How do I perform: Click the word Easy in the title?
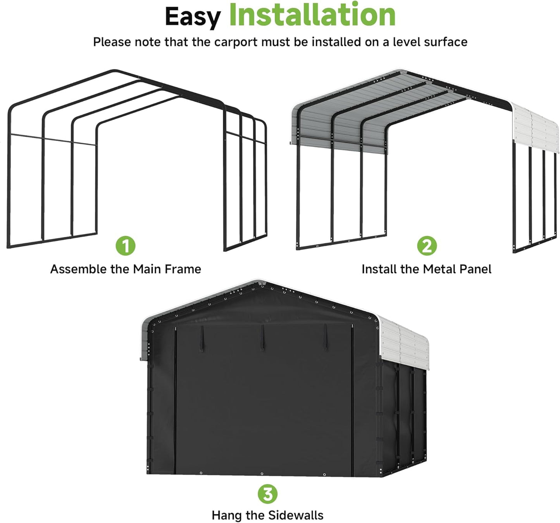click(x=192, y=17)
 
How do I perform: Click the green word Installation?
click(x=312, y=15)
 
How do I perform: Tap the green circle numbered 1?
click(x=126, y=245)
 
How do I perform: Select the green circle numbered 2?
click(x=427, y=245)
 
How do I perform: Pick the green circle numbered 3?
click(x=267, y=494)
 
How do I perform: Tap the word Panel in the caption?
click(x=476, y=269)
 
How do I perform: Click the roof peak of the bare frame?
click(x=114, y=72)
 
